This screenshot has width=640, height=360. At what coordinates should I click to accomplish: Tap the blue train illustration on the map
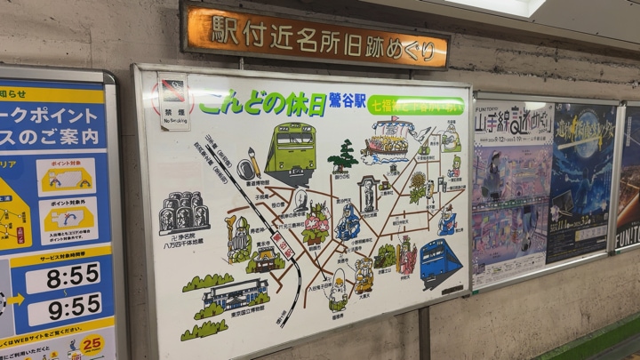point(441,261)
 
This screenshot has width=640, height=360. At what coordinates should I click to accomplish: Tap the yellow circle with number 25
point(92,343)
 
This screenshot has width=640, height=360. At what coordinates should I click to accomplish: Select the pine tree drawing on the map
point(343,157)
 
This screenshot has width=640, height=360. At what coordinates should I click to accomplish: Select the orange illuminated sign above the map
point(316,36)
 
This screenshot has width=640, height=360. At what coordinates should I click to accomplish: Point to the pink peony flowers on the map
point(316,223)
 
